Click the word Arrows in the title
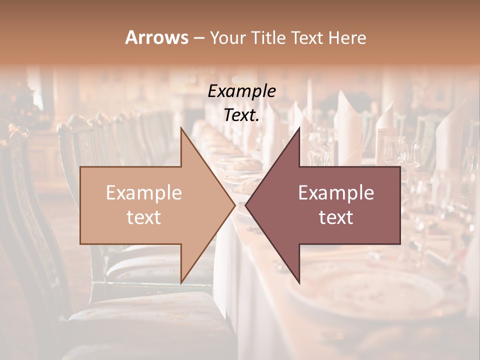(156, 37)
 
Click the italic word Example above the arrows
(242, 91)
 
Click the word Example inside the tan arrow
(144, 193)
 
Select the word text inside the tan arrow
(144, 217)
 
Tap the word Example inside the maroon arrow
(336, 193)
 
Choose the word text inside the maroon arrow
(336, 217)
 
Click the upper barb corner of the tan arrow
(181, 128)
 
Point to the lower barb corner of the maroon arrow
(299, 282)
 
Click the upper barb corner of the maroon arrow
(299, 128)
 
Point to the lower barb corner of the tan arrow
(181, 282)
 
